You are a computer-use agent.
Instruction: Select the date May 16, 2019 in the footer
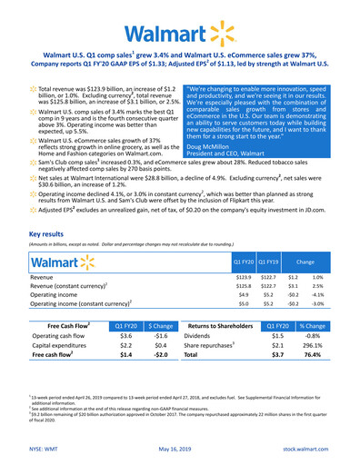(x=180, y=448)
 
